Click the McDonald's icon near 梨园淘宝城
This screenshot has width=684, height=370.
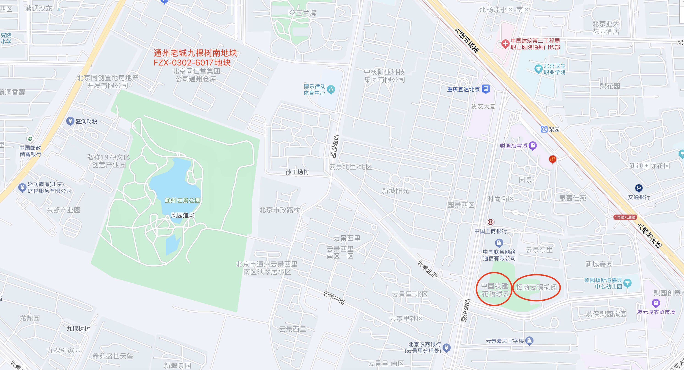[553, 159]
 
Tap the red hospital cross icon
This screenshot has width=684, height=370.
[505, 44]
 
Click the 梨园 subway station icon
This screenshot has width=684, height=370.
[544, 129]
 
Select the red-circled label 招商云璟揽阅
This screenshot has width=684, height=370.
[536, 287]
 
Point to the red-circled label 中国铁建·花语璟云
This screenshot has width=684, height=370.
[494, 290]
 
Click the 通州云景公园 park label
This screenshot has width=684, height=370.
[182, 200]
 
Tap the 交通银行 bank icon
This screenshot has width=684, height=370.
[639, 188]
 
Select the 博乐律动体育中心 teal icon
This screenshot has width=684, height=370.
[331, 90]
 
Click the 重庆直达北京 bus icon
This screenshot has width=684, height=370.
[486, 89]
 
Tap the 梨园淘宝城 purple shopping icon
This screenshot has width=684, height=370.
[533, 145]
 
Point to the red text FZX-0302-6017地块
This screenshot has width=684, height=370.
[192, 63]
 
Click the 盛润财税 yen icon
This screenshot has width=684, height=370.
[70, 121]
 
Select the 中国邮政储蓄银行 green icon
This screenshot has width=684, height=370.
[30, 139]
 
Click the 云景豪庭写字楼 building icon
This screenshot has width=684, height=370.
[529, 340]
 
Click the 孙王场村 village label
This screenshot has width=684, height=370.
[297, 172]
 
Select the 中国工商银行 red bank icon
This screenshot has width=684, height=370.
[490, 222]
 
